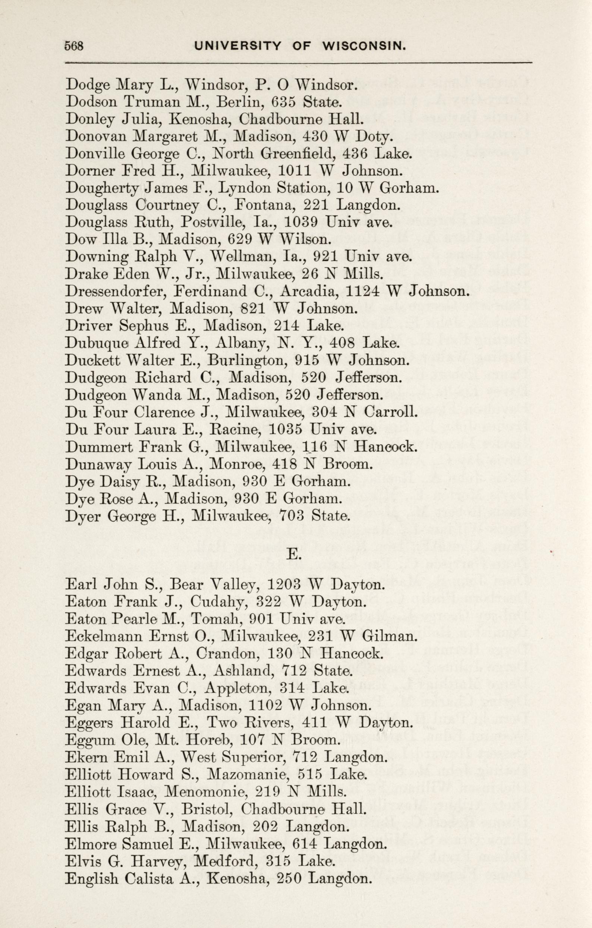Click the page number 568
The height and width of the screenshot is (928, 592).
point(74,46)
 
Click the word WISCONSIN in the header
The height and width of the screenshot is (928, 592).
point(364,46)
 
